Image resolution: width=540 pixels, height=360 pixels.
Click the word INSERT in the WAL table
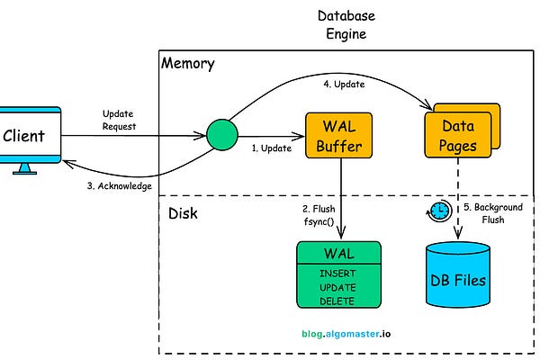click(x=338, y=273)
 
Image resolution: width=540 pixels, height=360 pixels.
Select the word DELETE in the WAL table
click(x=338, y=301)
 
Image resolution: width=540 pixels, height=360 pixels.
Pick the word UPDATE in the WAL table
click(x=338, y=287)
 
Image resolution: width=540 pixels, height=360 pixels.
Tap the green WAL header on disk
click(x=338, y=254)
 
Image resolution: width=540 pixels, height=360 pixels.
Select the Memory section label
click(x=188, y=64)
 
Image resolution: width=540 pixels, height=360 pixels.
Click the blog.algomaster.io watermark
click(x=346, y=332)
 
